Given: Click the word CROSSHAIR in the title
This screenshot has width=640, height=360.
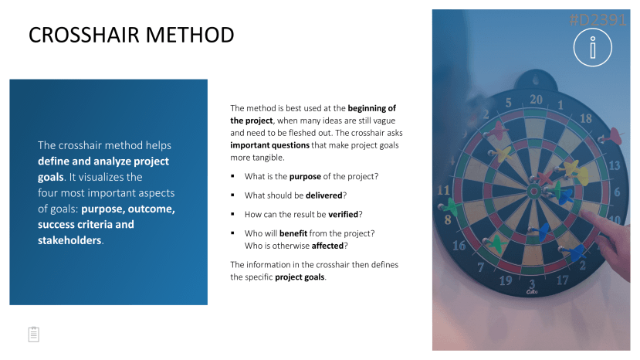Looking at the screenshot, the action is click(x=84, y=35).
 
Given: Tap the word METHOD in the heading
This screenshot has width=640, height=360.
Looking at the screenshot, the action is click(x=190, y=35).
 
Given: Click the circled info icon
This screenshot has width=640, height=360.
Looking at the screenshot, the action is click(x=593, y=47).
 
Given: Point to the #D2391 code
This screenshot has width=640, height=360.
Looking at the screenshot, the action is click(x=598, y=19).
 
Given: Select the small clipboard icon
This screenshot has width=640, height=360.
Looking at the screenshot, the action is click(x=34, y=335).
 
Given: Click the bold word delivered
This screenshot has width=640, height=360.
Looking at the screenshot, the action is click(x=324, y=195).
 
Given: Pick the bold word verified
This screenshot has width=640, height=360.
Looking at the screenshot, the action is click(x=344, y=215).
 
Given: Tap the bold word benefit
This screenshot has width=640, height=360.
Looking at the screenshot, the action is click(x=293, y=233).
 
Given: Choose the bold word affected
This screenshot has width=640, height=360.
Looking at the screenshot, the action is click(x=327, y=246).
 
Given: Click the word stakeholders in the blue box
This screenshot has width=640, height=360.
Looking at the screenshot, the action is click(x=69, y=240).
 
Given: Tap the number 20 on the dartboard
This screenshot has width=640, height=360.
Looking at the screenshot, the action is click(x=536, y=100).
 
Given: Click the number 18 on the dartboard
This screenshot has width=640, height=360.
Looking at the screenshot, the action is click(x=586, y=118).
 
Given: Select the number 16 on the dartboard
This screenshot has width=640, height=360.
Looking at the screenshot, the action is click(x=459, y=245).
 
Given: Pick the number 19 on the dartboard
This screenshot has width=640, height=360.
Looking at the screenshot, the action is click(x=506, y=280).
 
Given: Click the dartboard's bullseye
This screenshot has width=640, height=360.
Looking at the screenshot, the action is click(x=534, y=191).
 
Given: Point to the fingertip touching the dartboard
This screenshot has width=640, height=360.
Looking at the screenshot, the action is click(x=583, y=212).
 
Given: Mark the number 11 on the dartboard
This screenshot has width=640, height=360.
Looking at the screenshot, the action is click(x=443, y=190).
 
